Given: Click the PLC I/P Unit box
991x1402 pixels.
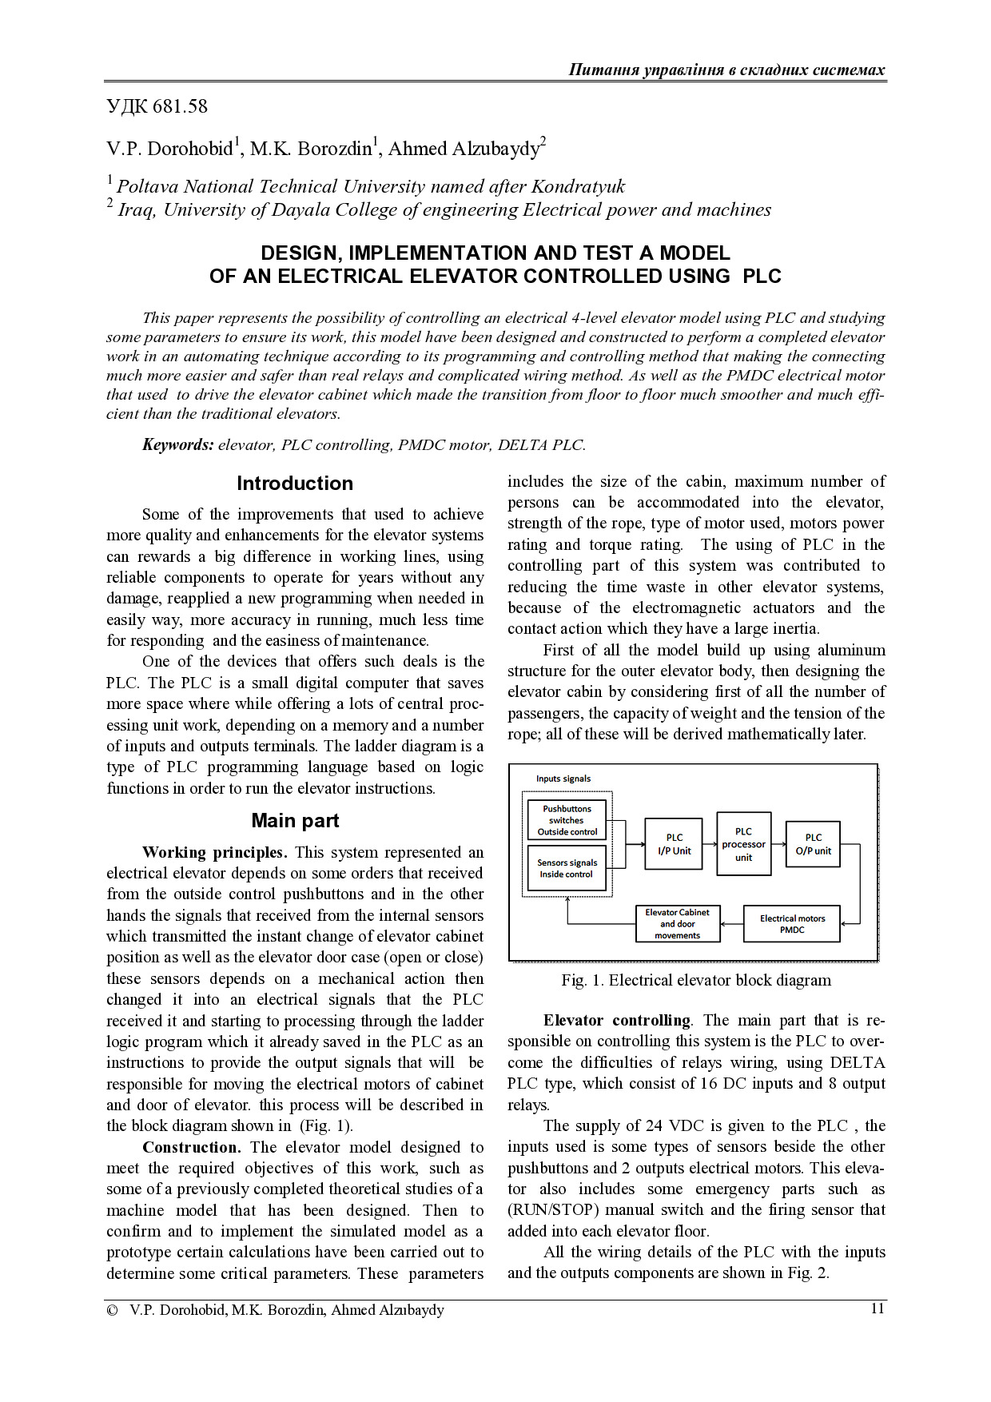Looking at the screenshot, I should [674, 844].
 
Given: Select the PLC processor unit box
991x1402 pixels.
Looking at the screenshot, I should [743, 844].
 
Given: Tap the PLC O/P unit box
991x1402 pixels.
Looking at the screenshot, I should [813, 844].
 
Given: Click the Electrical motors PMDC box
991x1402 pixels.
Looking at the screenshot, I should [791, 924].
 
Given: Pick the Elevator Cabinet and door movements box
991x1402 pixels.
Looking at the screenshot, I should [677, 924].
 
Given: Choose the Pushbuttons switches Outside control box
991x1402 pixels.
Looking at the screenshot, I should [567, 820].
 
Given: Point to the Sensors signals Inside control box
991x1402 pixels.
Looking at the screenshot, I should [567, 868].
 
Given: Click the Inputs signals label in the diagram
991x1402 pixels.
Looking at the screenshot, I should [563, 779].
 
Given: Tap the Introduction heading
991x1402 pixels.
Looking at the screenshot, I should [294, 484].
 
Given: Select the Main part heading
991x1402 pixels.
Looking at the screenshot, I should [295, 821].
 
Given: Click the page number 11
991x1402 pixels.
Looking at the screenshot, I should [877, 1308].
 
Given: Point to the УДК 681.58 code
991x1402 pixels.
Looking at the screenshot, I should [157, 106].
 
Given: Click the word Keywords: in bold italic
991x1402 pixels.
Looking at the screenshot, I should [177, 445].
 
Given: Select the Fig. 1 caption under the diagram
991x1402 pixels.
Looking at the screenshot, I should [695, 981].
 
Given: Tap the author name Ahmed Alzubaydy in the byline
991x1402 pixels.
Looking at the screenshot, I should [464, 149].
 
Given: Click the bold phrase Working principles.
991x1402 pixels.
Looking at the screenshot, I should [214, 852].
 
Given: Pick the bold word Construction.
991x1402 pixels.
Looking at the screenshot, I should [191, 1147].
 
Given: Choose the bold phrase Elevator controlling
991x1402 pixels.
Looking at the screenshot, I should [617, 1020].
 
